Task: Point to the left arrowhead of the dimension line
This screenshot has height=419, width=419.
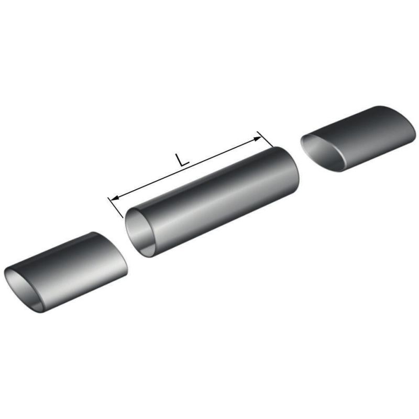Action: (115, 198)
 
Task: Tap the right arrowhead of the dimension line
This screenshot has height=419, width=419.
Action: (257, 139)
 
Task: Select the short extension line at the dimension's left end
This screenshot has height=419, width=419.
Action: (115, 207)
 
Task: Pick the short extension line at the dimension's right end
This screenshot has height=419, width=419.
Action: (265, 139)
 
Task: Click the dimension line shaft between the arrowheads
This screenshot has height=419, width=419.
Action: (186, 168)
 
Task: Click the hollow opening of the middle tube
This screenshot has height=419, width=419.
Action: (141, 233)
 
